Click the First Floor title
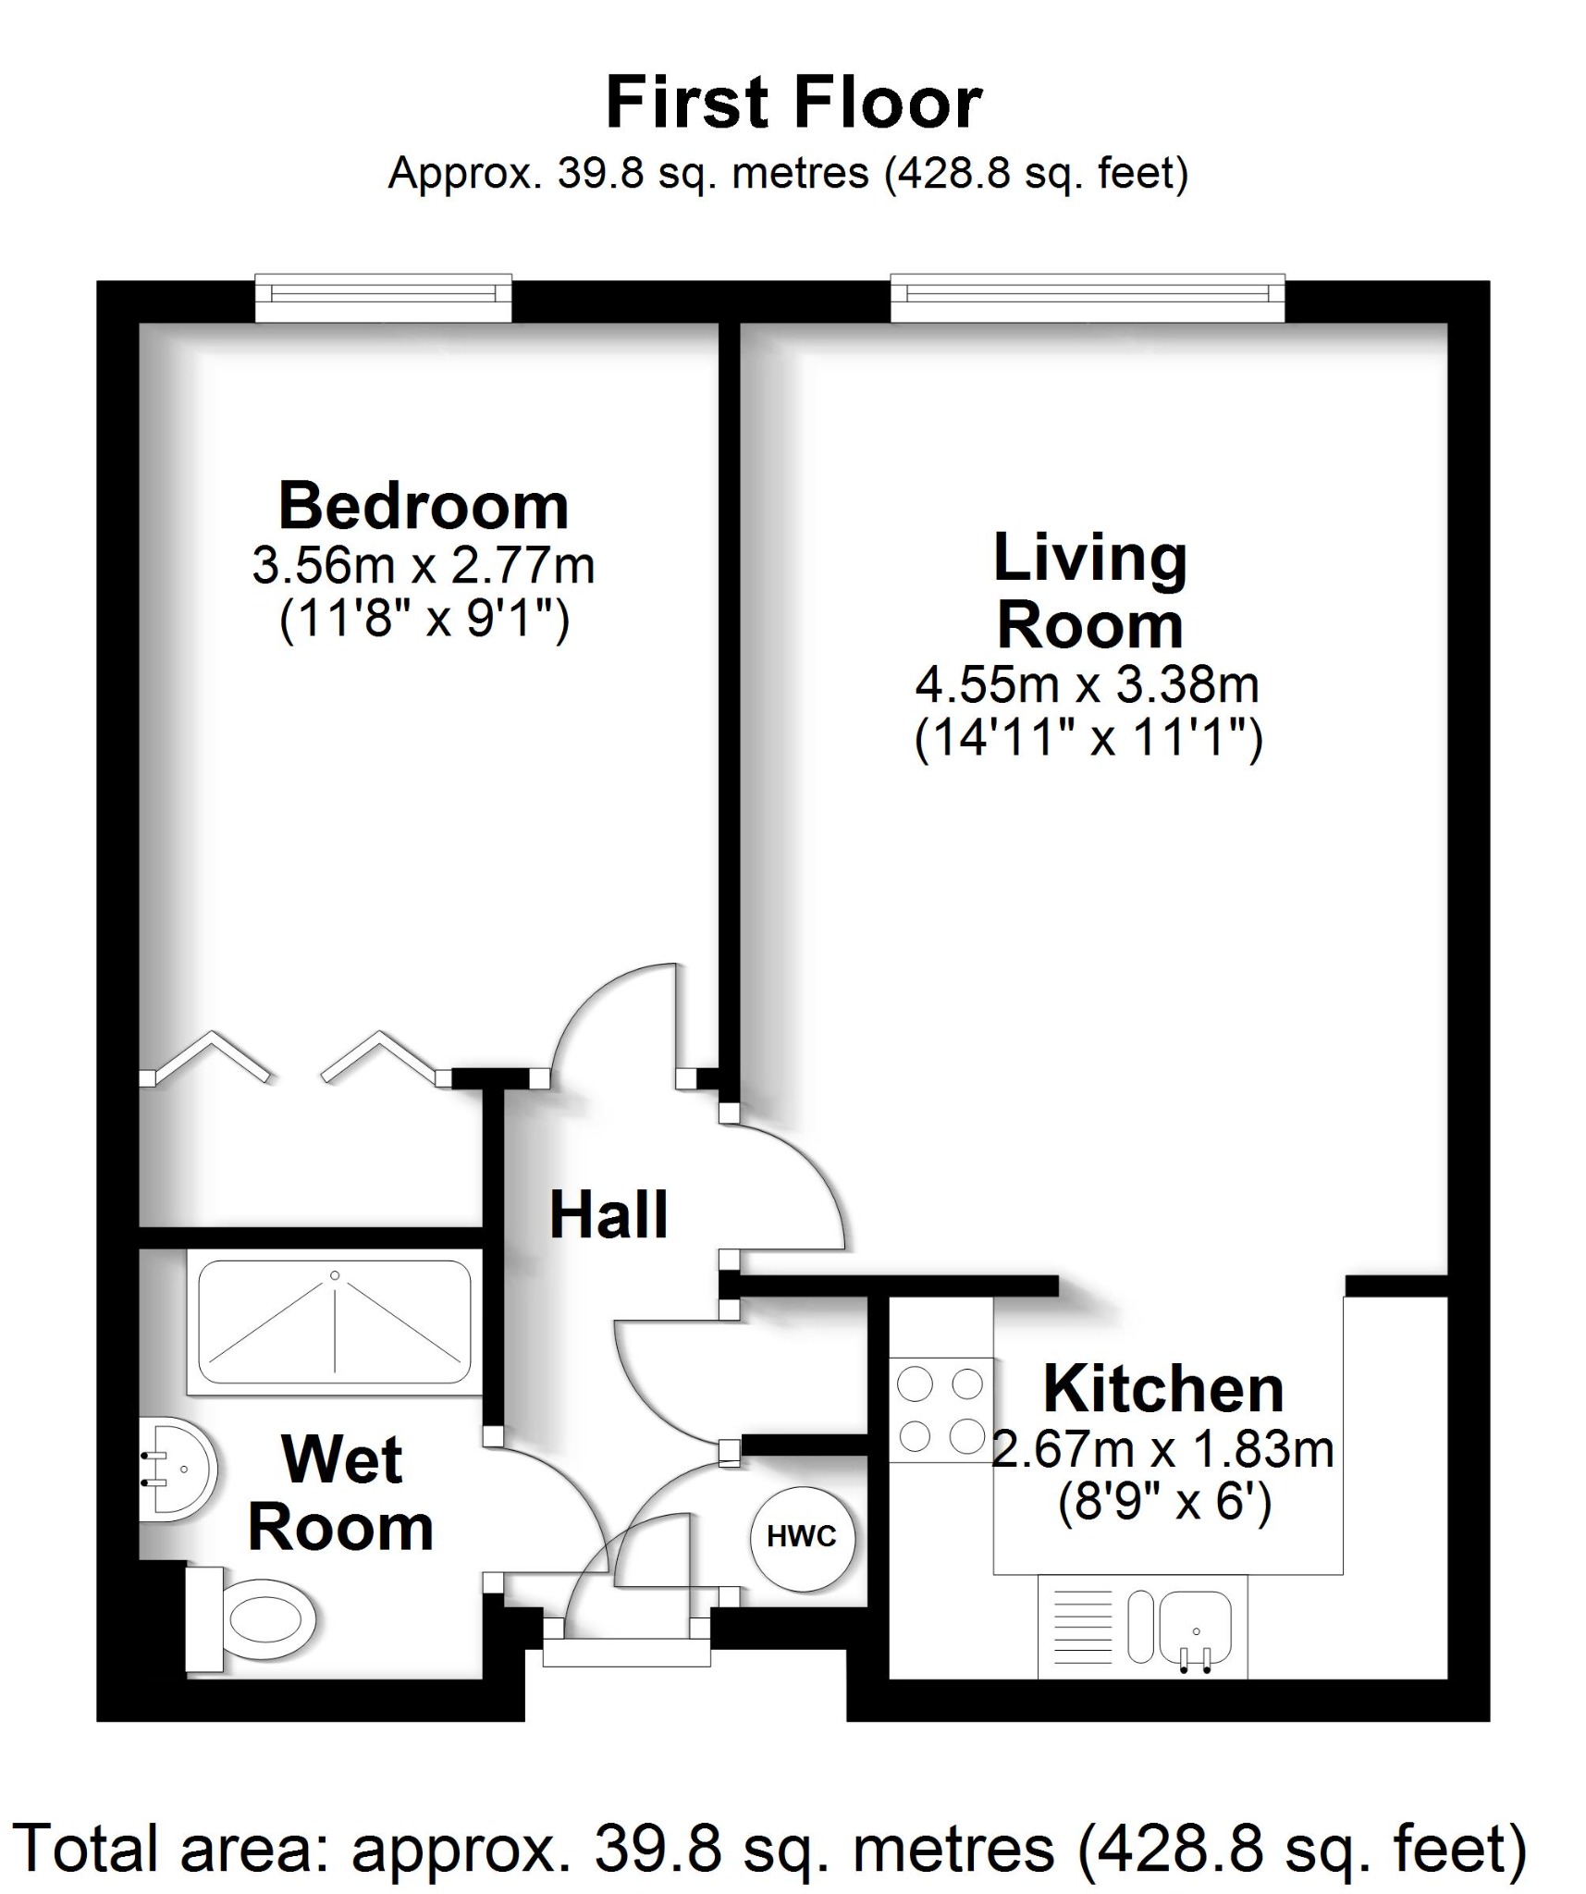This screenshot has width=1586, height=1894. pos(793,103)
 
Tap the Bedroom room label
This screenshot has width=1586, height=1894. pos(424,507)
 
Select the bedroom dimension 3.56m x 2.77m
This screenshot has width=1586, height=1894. pos(424,565)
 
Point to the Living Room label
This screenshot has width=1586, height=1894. pos(1089,592)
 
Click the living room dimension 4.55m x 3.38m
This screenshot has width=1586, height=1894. pos(1088,685)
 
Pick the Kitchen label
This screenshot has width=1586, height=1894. pos(1163,1389)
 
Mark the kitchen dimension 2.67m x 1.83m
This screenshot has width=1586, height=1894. pos(1163,1448)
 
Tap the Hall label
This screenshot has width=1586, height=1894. pos(609,1215)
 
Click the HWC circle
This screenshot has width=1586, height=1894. pos(802,1537)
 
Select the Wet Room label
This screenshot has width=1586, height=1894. pos(341,1494)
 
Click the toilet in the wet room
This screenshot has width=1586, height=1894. pos(259,1619)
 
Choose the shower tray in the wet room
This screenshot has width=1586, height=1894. pos(335,1322)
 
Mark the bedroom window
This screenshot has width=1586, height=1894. pos(383,297)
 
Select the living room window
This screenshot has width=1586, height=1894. pos(1088,297)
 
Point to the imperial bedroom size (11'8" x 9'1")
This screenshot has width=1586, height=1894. pos(424,619)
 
